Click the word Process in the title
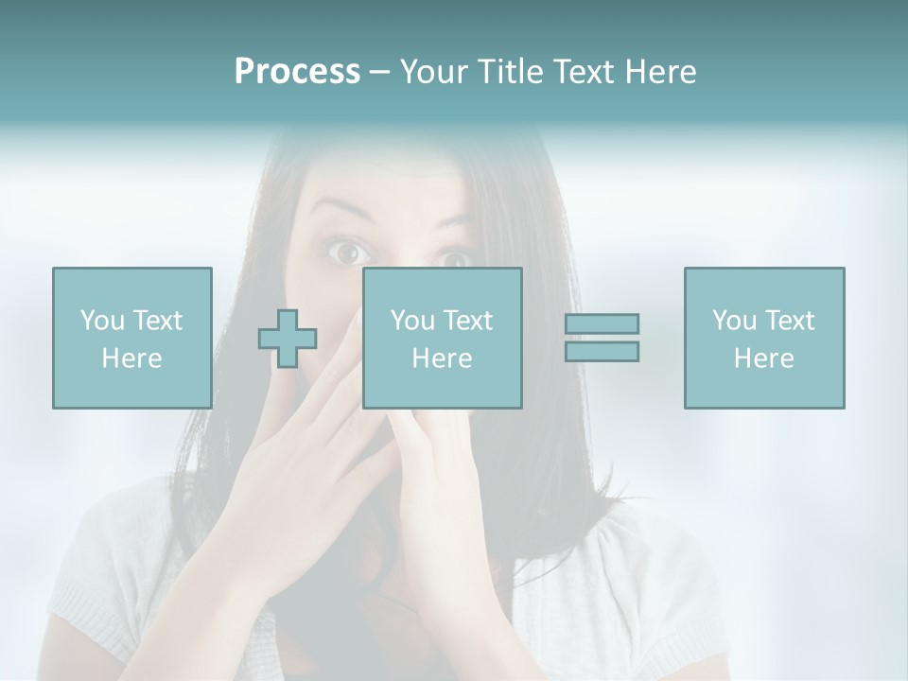tap(297, 72)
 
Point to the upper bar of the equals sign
tap(602, 323)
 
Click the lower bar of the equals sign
tap(602, 351)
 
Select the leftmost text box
tap(131, 338)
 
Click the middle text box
tap(442, 338)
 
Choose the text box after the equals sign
tap(763, 338)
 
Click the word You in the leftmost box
tap(102, 320)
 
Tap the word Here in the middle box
tap(442, 358)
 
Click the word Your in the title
tap(432, 72)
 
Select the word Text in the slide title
tap(582, 72)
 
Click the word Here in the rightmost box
tap(763, 358)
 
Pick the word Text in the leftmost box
tap(159, 320)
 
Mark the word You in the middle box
tap(412, 320)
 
